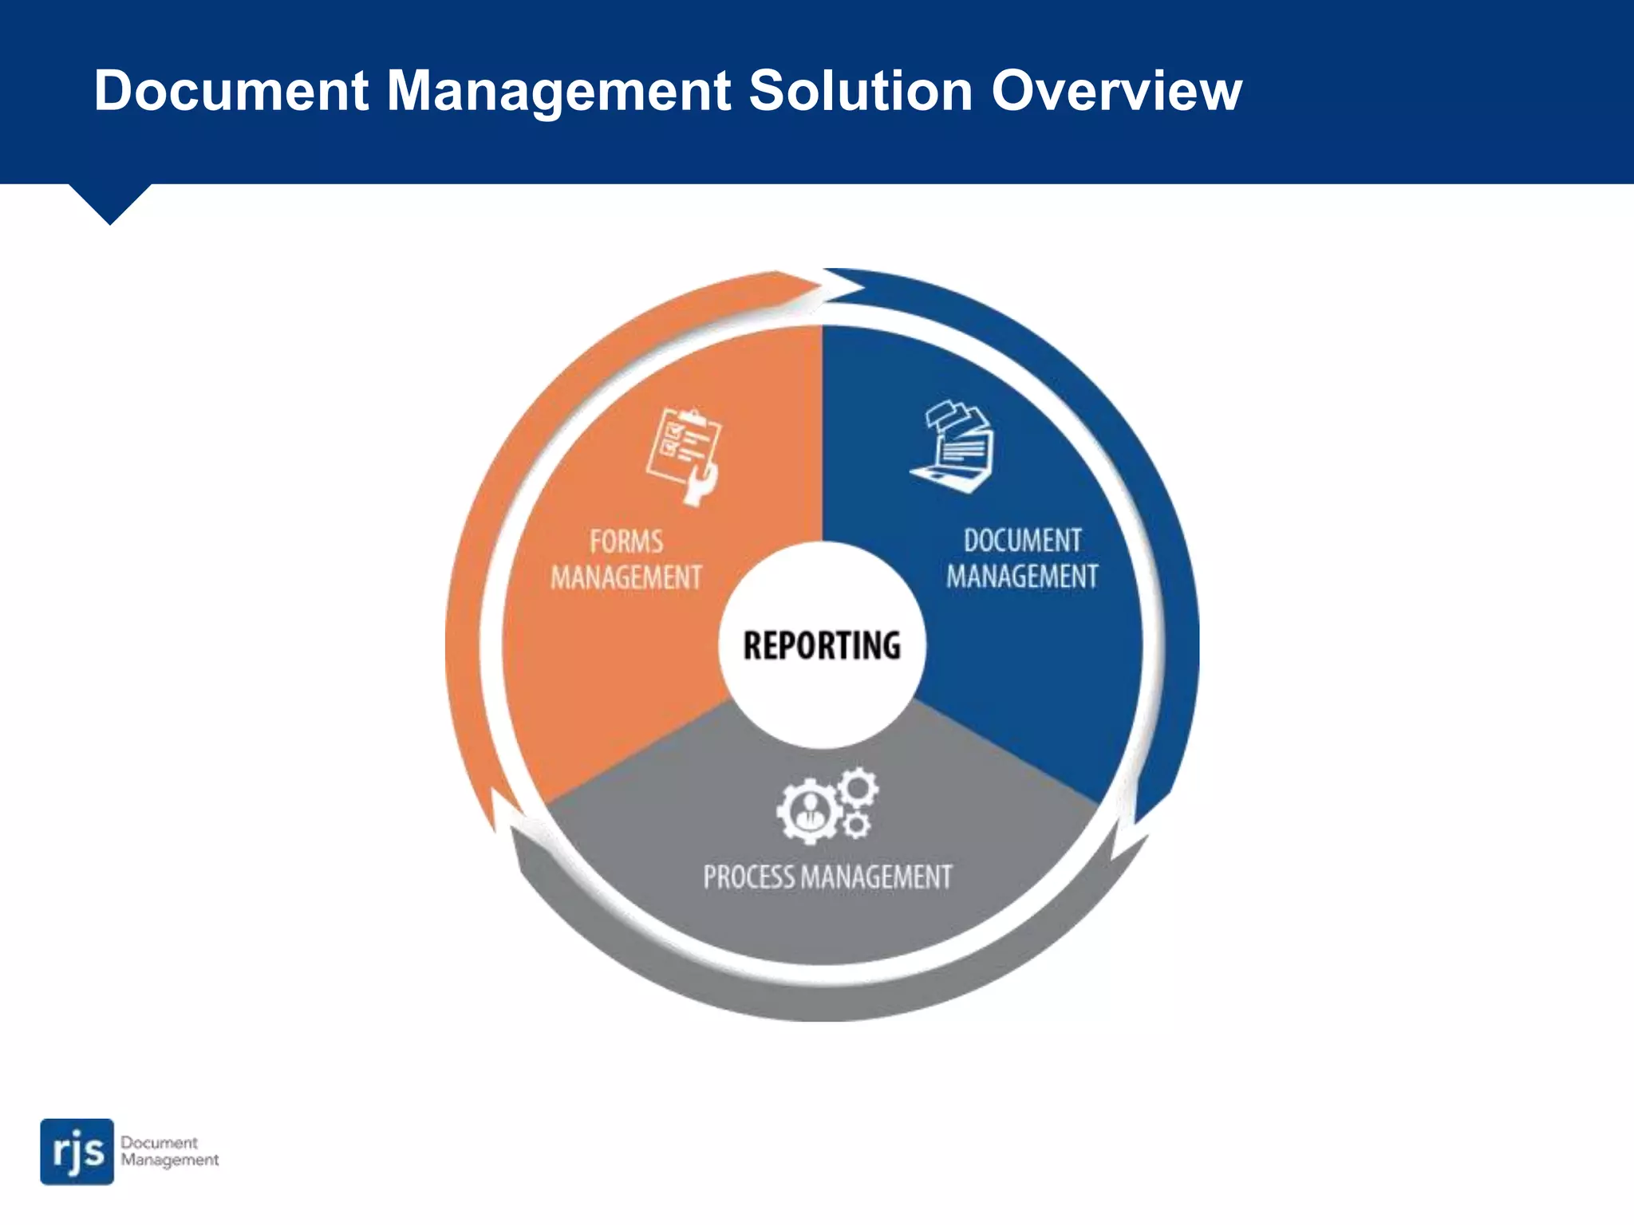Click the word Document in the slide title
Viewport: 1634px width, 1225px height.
[x=231, y=90]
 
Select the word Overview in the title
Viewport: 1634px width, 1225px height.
[x=1116, y=90]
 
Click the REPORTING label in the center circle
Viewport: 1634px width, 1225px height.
[x=822, y=645]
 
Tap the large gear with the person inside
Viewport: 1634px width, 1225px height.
[x=808, y=811]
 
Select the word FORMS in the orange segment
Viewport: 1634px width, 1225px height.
[x=626, y=542]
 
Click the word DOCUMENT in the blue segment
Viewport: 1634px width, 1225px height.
[x=1022, y=541]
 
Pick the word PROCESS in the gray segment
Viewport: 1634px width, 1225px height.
[x=748, y=877]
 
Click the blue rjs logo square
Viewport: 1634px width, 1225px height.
[x=77, y=1151]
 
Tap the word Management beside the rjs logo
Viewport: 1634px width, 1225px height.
[x=170, y=1160]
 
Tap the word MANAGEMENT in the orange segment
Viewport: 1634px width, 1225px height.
[x=626, y=577]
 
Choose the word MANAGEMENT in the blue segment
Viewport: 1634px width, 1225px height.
[x=1022, y=577]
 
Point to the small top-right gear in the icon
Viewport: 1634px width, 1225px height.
[x=858, y=788]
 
